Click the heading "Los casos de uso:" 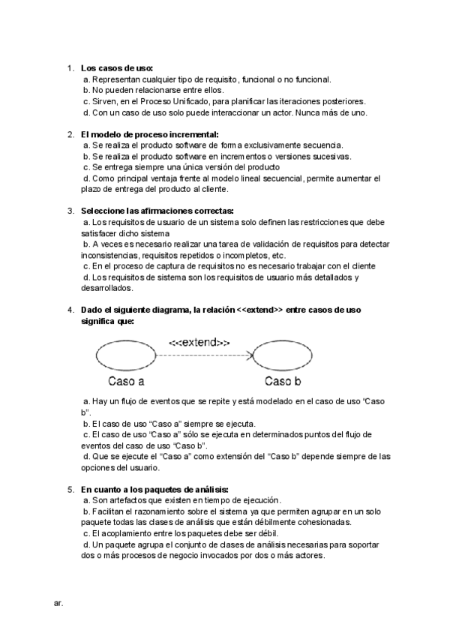[x=117, y=68]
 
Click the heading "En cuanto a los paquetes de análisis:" [x=154, y=489]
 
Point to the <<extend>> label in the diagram [x=199, y=342]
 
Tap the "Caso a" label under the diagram [x=126, y=380]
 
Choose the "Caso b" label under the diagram [x=282, y=380]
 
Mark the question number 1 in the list [x=70, y=68]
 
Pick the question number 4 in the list [x=70, y=310]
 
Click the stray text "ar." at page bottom [x=58, y=601]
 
